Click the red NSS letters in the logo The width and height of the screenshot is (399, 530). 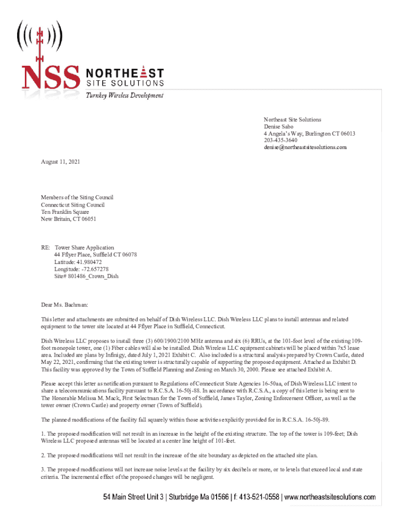pos(50,76)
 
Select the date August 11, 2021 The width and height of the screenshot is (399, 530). pos(61,162)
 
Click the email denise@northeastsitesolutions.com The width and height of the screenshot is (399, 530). pos(305,148)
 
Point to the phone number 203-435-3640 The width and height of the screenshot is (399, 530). pos(280,141)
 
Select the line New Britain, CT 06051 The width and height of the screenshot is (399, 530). pos(68,219)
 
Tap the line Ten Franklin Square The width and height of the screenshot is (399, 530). pos(65,212)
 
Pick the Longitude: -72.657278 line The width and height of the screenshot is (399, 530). pos(81,269)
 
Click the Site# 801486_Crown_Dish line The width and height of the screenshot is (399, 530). pos(86,276)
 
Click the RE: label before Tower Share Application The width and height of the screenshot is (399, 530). pos(46,248)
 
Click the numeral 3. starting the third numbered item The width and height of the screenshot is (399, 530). pos(44,469)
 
